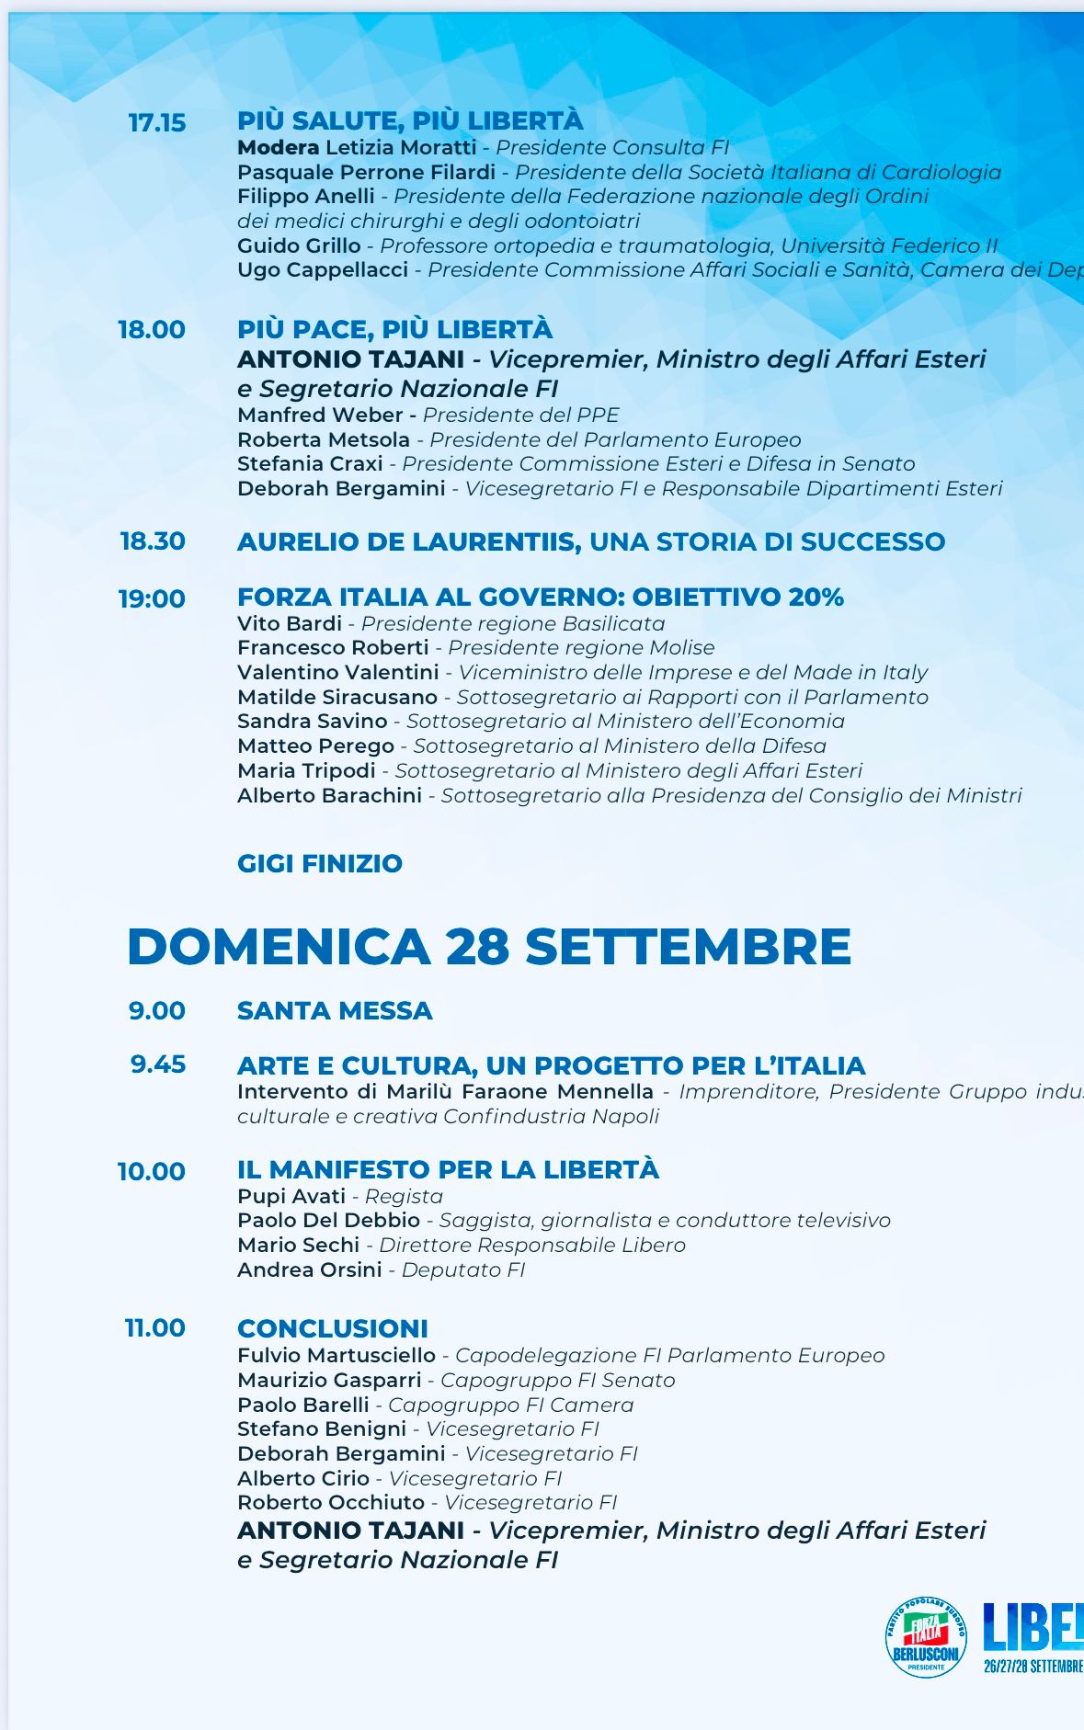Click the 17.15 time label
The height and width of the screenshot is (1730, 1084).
(156, 122)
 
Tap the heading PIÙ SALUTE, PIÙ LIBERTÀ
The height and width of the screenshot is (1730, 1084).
(410, 120)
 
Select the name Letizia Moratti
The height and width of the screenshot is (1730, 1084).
(399, 147)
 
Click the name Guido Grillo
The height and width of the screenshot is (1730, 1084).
(299, 245)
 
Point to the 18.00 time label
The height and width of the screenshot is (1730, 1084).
(152, 329)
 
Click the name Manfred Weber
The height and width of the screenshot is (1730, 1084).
(320, 415)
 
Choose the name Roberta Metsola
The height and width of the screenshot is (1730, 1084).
(323, 439)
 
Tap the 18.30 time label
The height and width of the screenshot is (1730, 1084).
(153, 541)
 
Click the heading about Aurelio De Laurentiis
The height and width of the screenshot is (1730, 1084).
(590, 541)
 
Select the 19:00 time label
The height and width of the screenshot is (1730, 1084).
(152, 598)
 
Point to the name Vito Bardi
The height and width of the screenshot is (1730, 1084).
(290, 623)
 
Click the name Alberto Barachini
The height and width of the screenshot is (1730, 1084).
(329, 795)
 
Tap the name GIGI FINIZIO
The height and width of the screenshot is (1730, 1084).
(320, 863)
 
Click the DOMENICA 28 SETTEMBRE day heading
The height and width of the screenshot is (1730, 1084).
(488, 946)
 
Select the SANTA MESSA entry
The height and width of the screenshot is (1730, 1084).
(335, 1010)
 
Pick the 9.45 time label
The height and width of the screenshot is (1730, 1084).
(158, 1064)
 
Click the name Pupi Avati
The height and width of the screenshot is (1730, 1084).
(291, 1196)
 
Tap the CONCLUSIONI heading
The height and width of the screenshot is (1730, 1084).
(333, 1328)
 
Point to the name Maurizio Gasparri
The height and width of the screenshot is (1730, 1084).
(329, 1380)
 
